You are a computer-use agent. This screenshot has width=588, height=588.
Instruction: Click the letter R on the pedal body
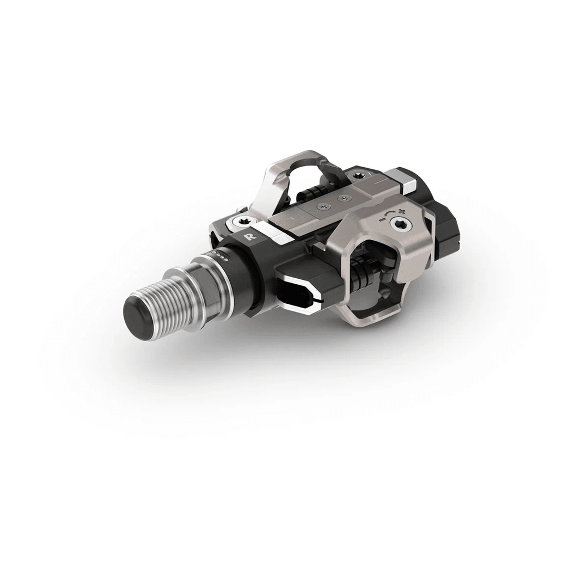[x=249, y=237]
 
